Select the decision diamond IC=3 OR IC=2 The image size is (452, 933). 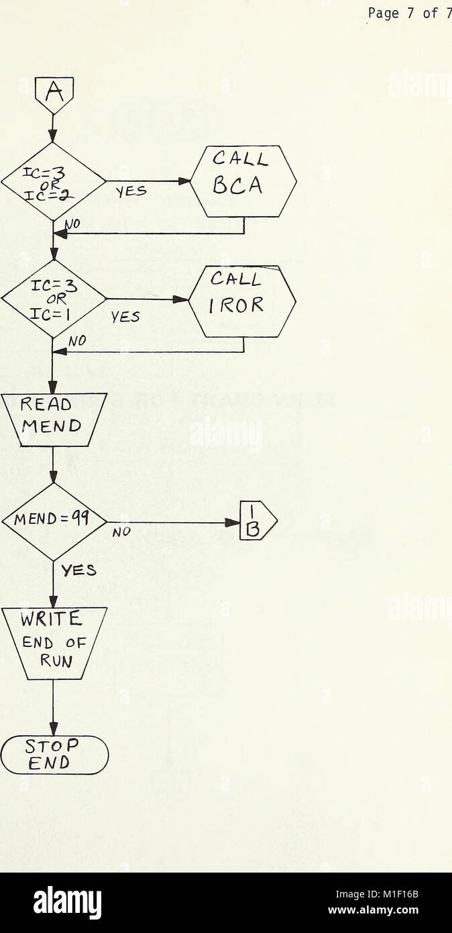coord(53,181)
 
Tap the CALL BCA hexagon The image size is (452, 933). coord(243,181)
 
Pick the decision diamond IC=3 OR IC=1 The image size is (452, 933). coord(53,299)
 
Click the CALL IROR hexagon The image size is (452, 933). coord(242,301)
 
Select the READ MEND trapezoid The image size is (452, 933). coord(53,420)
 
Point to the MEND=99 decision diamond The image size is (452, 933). coord(54,522)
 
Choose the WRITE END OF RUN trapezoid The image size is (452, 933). coord(53,642)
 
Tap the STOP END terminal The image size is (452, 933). coord(54,755)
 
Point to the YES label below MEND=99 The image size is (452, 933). coord(78,572)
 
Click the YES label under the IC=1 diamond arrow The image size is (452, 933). coord(126,317)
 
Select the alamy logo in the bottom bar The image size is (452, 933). coord(67,902)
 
